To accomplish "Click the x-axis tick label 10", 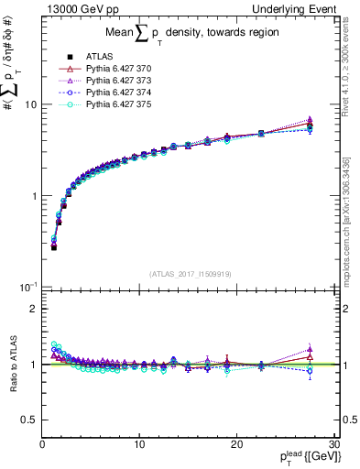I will [139, 444].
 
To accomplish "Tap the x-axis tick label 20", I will [237, 444].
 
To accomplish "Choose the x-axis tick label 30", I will [334, 444].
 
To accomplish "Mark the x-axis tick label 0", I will [42, 444].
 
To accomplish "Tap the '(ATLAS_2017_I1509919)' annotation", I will [191, 273].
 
